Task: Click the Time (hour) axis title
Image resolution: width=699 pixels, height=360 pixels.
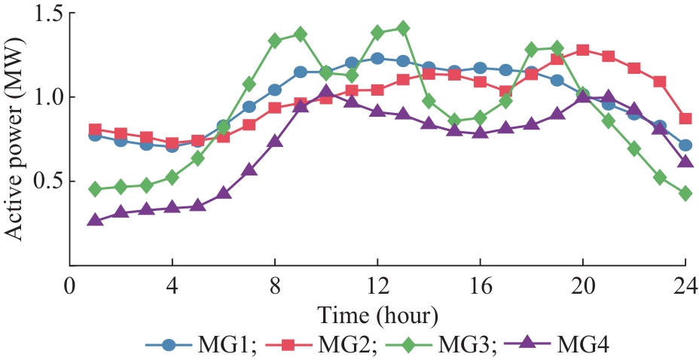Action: [x=377, y=313]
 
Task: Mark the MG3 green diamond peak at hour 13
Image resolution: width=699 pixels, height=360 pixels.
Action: [x=403, y=29]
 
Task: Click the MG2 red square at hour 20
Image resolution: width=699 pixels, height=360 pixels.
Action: [x=582, y=50]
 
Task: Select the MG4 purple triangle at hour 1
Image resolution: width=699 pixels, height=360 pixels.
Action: [x=95, y=220]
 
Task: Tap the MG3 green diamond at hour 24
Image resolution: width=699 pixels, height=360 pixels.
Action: [x=685, y=194]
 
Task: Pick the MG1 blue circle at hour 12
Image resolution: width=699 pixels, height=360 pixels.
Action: [x=377, y=59]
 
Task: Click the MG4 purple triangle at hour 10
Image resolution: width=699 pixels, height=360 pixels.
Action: [x=325, y=92]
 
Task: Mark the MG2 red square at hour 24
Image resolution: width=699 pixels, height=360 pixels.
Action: [x=685, y=119]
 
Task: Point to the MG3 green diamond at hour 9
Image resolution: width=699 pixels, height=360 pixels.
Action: [x=301, y=34]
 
